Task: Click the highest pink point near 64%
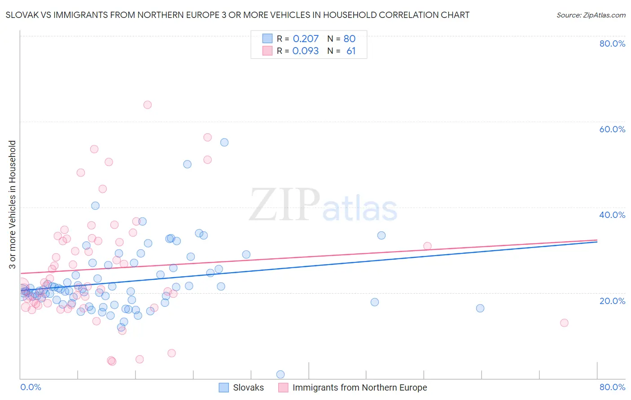(x=147, y=105)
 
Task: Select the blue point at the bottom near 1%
(x=280, y=374)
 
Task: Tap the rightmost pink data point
(x=564, y=323)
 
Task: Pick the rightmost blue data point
(x=480, y=308)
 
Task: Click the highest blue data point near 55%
(x=224, y=142)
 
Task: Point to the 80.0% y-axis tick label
(x=612, y=43)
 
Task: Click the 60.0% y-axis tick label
(x=612, y=129)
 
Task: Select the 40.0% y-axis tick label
(x=612, y=215)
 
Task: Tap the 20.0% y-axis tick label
(x=612, y=300)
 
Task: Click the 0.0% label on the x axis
(x=31, y=387)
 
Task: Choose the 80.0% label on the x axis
(x=612, y=387)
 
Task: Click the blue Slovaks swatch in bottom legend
(x=223, y=387)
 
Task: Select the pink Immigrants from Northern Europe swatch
(x=283, y=387)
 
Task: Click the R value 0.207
(x=306, y=39)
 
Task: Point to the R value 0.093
(x=306, y=51)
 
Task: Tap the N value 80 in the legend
(x=350, y=39)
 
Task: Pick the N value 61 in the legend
(x=351, y=51)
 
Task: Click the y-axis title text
(x=12, y=204)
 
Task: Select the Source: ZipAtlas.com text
(x=591, y=15)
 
